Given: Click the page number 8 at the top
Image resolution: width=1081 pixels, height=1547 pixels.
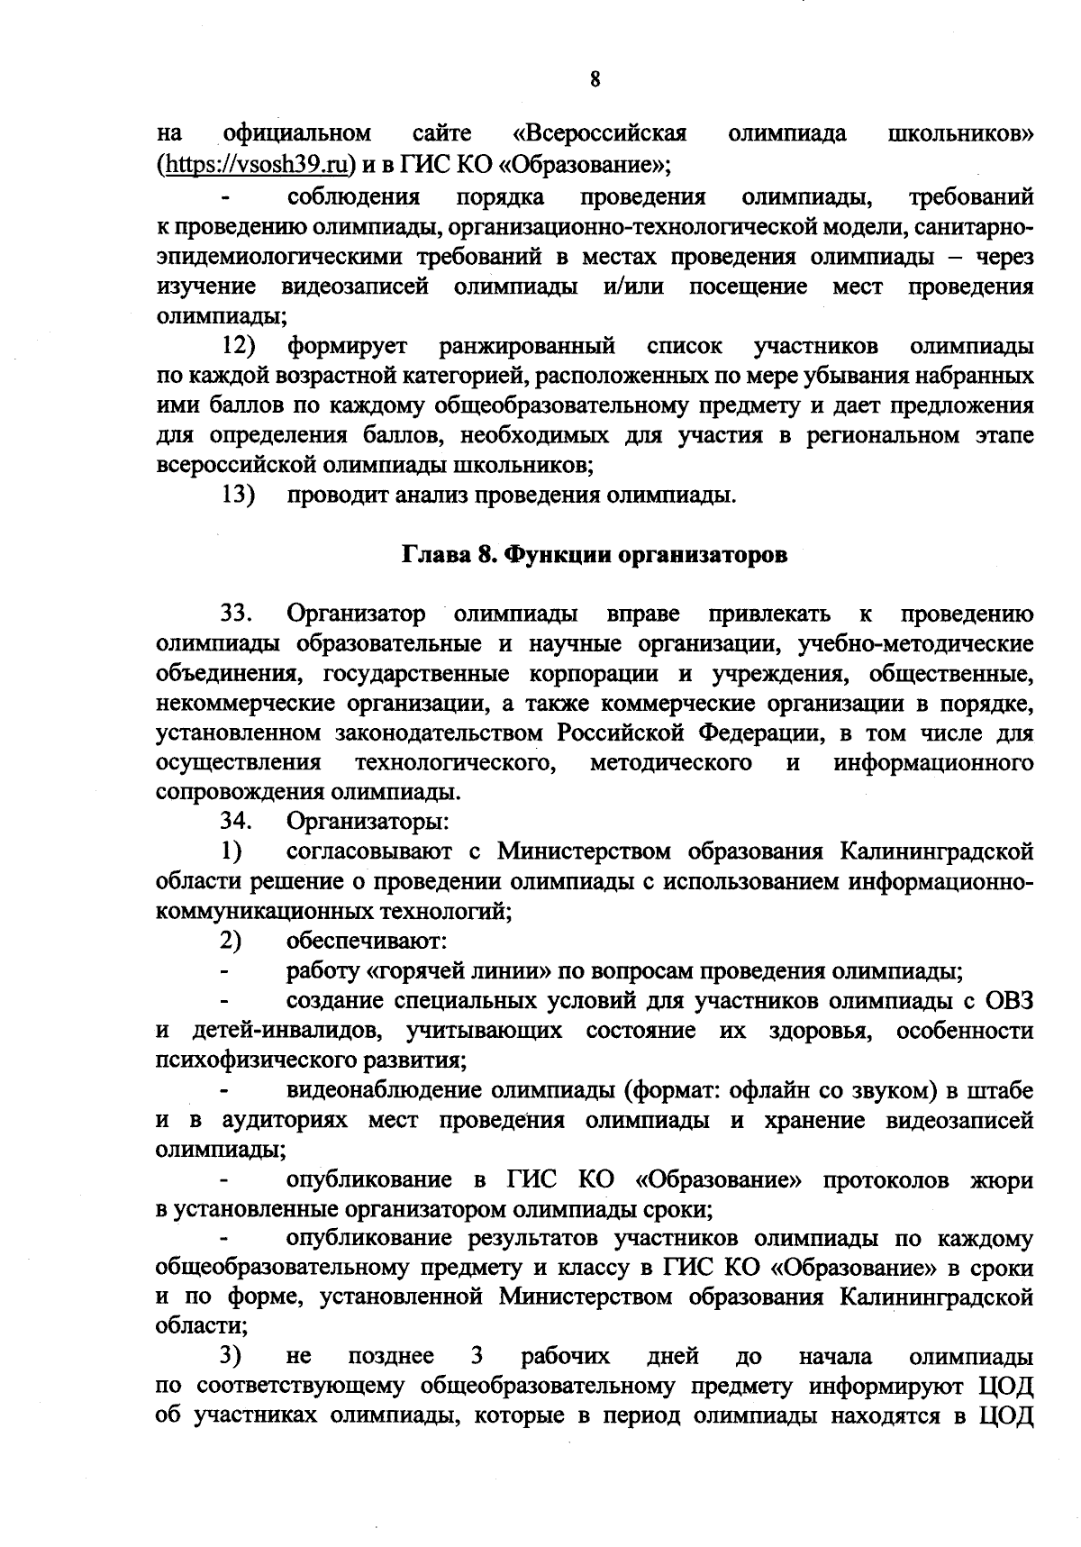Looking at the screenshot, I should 595,78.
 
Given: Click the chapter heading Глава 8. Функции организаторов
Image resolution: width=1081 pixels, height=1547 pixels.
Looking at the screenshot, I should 594,555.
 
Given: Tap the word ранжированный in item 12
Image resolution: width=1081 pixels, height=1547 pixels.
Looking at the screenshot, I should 527,345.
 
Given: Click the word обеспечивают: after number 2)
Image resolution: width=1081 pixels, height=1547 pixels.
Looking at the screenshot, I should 368,942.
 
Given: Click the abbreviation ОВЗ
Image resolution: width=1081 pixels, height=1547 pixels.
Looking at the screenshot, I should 1010,1001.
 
